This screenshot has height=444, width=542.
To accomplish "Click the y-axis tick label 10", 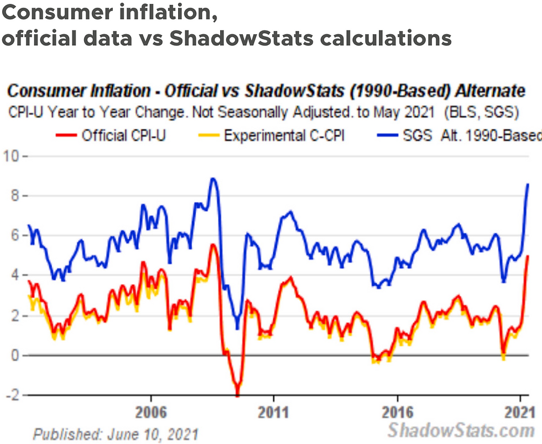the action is coord(11,156).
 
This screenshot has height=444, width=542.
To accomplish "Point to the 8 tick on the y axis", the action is coord(14,196).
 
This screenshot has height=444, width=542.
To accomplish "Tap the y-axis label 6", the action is coord(14,236).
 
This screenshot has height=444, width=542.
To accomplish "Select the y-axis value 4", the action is coord(14,275).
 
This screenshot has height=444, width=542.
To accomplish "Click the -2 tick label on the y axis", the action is coord(12,395).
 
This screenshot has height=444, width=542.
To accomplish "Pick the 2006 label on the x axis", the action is coord(151,412).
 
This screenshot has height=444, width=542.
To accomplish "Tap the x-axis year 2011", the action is coord(273,412).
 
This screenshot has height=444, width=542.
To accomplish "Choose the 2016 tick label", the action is coord(398,412).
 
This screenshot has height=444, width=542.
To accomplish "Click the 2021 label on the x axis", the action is coord(520,412).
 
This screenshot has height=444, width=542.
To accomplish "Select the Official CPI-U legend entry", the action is coord(111,135).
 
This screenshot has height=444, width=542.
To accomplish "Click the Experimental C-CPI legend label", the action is coord(272,135).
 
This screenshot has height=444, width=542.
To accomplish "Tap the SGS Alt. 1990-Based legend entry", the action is coord(460,135).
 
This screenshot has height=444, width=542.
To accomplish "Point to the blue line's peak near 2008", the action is coord(213,179).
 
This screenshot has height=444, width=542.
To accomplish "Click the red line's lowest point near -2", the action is coord(237,394).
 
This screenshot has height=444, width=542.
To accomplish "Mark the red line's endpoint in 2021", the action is coord(528,256).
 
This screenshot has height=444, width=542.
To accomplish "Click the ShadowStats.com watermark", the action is coord(461,431).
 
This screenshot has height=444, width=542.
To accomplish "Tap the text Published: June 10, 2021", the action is coord(116,435).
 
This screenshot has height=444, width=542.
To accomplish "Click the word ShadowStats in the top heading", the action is coord(241,38).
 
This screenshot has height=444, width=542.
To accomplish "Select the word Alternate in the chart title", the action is coord(490,91).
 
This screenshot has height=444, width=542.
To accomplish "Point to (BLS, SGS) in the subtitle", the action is coord(482,112).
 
